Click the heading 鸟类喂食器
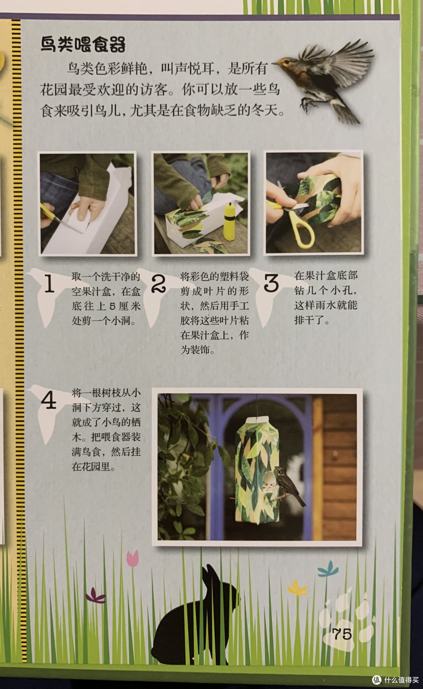pos(83,44)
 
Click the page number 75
pos(342,634)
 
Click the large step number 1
pos(49,284)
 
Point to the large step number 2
pos(159,283)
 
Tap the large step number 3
pos(271,283)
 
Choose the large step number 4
pos(49,400)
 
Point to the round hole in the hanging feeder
pos(268,483)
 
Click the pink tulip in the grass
pos(133,558)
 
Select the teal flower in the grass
pos(328,569)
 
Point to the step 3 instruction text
pos(326,298)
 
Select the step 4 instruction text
pos(106,430)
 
